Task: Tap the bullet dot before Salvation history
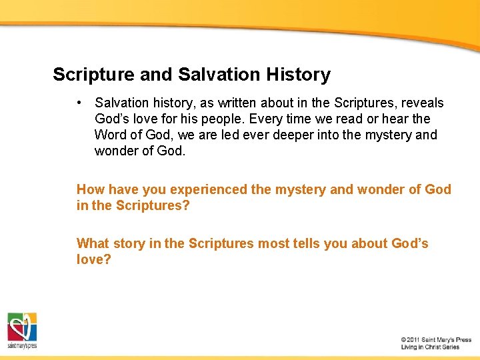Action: (79, 103)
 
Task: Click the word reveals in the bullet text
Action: (421, 103)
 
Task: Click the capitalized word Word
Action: (110, 135)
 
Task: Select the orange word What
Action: (93, 243)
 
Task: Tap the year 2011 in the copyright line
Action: (415, 340)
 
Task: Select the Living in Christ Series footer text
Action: (430, 347)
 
